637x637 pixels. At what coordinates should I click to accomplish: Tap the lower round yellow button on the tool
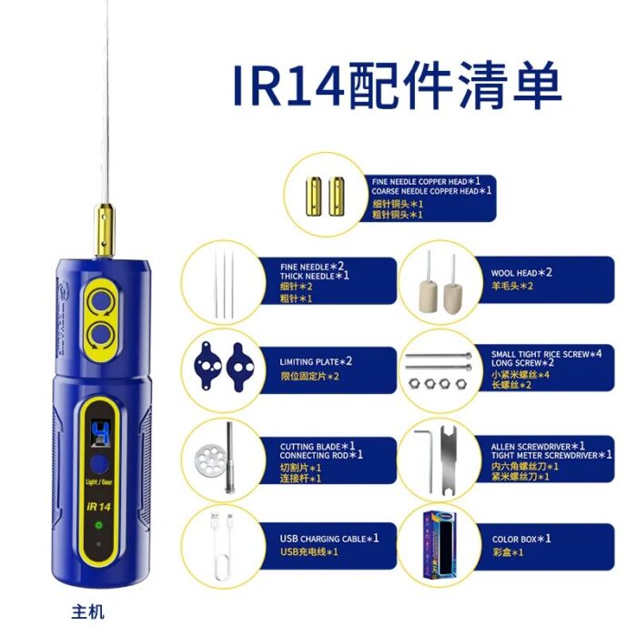tap(100, 332)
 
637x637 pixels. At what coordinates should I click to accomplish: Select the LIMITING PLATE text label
tap(316, 361)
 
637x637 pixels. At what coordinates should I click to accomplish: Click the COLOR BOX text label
tap(521, 538)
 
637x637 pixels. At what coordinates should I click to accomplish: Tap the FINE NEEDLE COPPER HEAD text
tap(431, 181)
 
